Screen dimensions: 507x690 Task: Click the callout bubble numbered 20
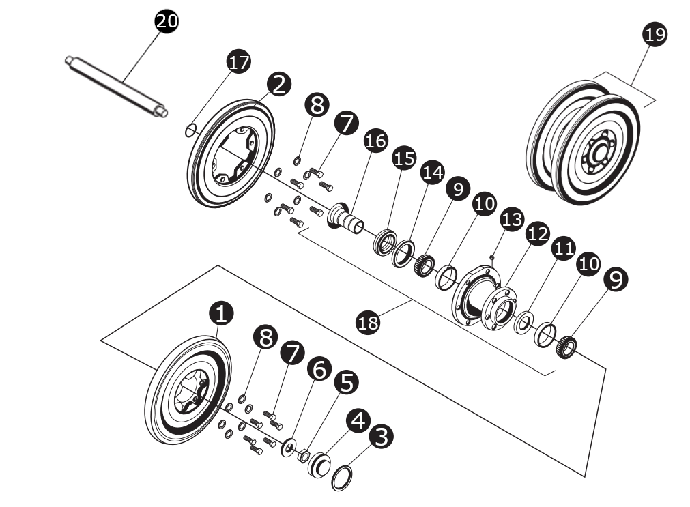click(167, 21)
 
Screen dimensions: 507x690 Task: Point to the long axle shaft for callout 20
click(116, 87)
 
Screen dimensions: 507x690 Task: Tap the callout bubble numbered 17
click(238, 62)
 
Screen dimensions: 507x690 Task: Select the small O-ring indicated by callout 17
click(192, 129)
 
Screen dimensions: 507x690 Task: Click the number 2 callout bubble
click(279, 84)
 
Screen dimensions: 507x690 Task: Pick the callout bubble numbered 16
click(375, 141)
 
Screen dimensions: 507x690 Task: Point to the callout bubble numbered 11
click(564, 249)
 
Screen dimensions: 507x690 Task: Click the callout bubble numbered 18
click(369, 321)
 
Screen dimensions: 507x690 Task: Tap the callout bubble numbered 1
click(221, 314)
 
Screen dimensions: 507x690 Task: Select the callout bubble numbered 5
click(345, 383)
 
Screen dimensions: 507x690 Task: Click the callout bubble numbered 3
click(381, 436)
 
